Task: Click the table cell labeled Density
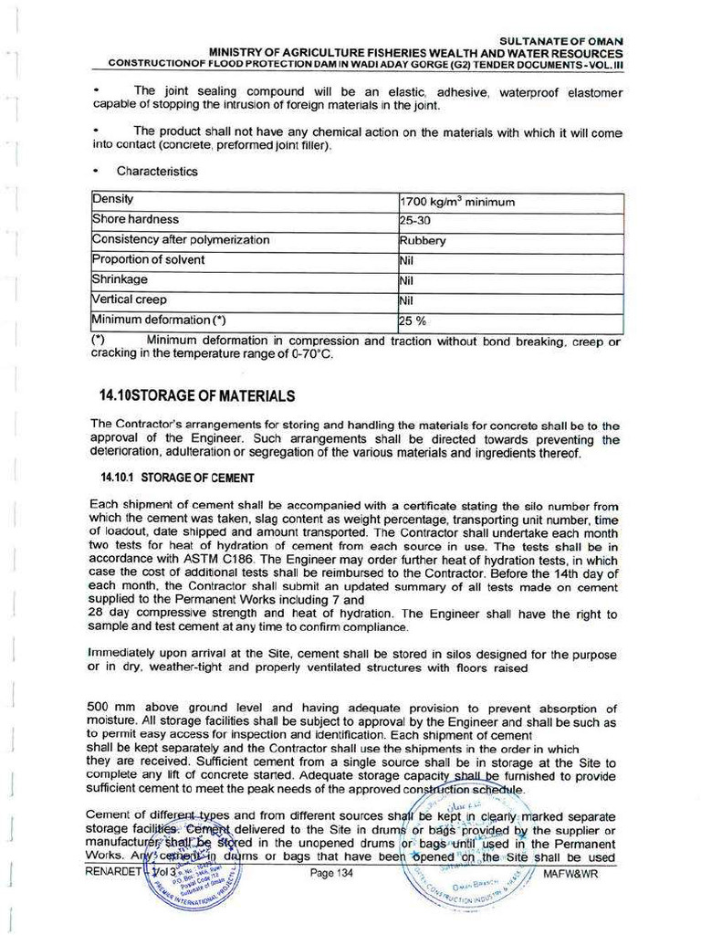click(113, 199)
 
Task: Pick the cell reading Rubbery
click(423, 241)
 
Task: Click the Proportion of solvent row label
click(148, 259)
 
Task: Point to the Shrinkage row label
click(120, 279)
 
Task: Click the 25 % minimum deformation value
click(413, 320)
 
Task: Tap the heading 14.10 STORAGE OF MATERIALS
click(196, 395)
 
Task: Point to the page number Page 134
click(330, 874)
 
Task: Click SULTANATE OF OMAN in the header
click(561, 42)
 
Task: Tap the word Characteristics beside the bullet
click(157, 171)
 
